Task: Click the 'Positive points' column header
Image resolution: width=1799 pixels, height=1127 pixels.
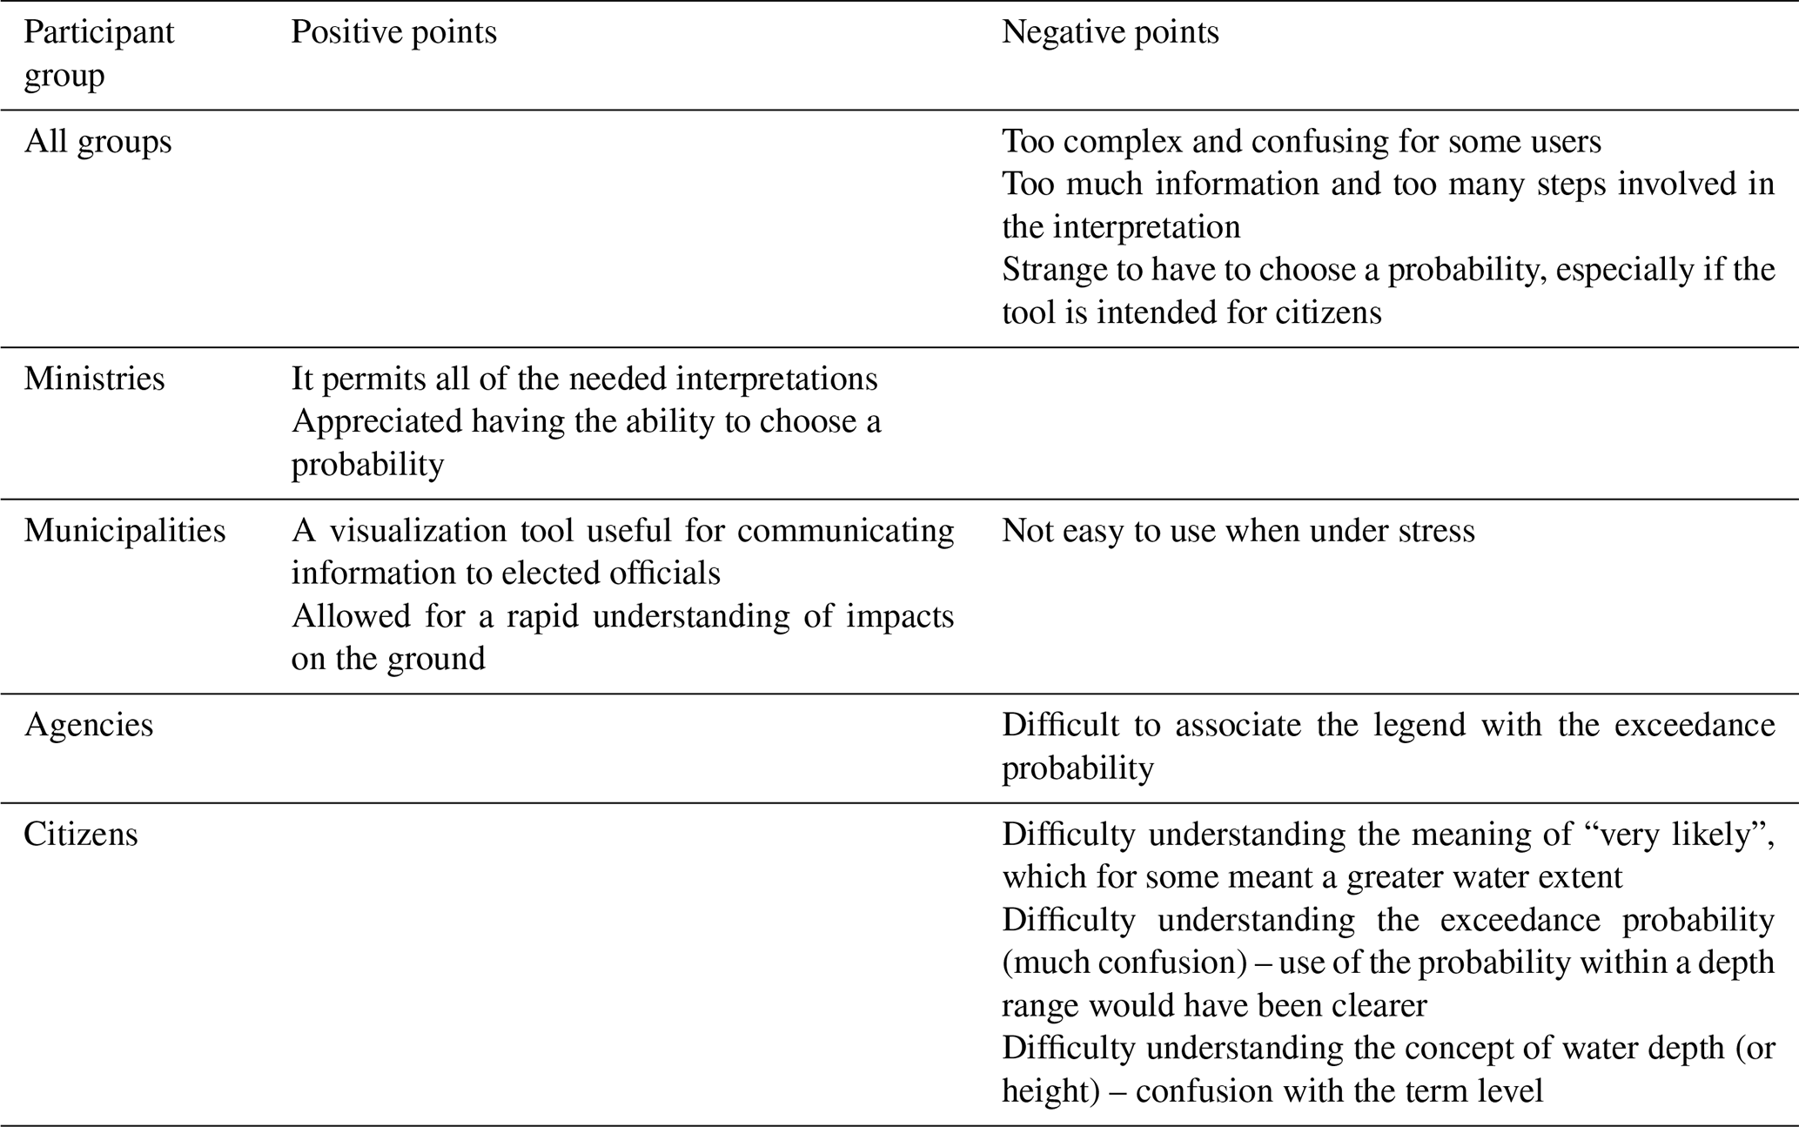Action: [x=393, y=33]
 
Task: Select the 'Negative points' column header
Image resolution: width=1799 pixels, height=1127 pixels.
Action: [x=1110, y=33]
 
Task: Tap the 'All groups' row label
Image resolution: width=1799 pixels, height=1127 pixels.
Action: [x=97, y=142]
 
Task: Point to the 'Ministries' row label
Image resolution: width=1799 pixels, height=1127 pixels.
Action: [x=94, y=379]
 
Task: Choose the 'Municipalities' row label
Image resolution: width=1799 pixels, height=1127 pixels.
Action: [x=124, y=531]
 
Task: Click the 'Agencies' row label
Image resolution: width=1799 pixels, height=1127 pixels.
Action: [x=89, y=725]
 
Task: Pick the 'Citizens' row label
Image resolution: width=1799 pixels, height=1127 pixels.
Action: [x=80, y=835]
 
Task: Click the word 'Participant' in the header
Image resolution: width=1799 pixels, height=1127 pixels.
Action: [x=98, y=33]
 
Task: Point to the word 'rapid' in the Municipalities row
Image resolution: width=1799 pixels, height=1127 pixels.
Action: [x=545, y=616]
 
